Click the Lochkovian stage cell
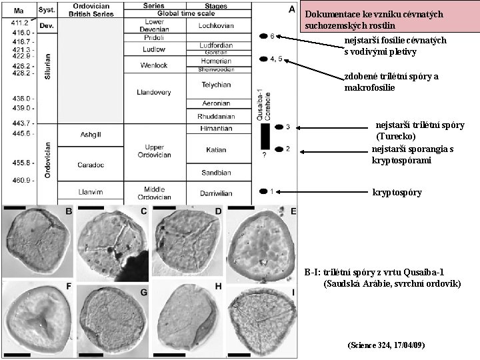(x=216, y=26)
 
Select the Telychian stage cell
(x=216, y=85)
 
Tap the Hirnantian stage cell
(x=216, y=128)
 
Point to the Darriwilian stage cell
(x=216, y=192)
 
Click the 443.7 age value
(x=21, y=123)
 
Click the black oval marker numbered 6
(x=261, y=35)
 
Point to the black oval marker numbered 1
(x=261, y=192)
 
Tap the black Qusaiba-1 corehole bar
(x=264, y=137)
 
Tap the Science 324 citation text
(x=386, y=345)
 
